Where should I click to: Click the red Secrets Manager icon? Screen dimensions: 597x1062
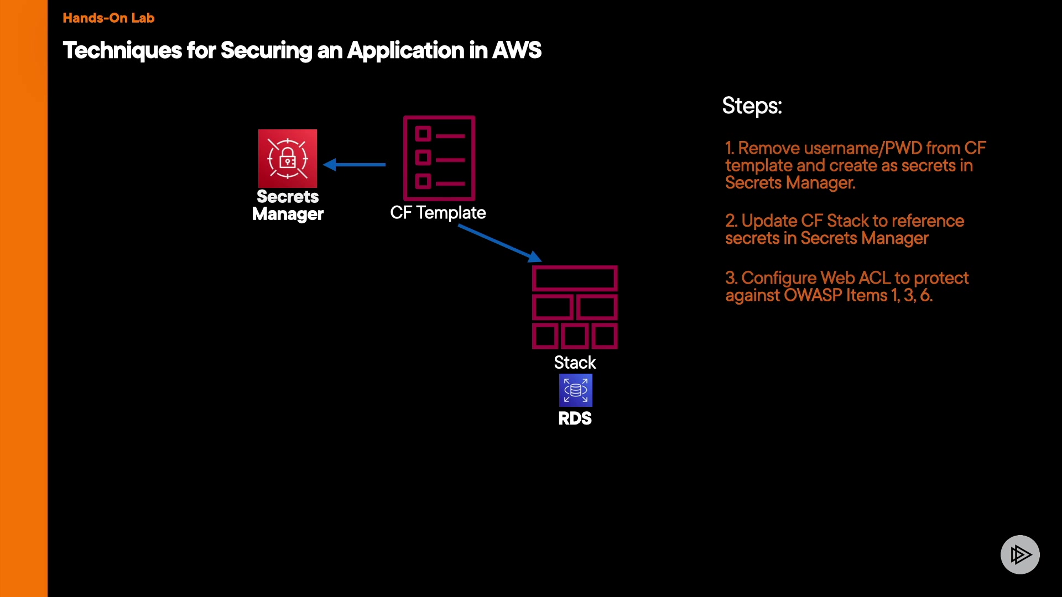click(288, 159)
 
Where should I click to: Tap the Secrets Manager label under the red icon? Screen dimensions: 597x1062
click(288, 205)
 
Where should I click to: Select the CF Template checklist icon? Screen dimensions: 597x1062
click(439, 158)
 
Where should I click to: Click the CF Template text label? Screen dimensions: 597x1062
click(438, 213)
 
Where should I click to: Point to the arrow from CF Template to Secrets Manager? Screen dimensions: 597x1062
click(355, 164)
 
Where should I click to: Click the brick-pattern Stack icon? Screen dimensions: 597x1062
click(575, 307)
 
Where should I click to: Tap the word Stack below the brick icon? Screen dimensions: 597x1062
click(575, 363)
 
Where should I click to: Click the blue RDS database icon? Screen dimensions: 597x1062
click(575, 390)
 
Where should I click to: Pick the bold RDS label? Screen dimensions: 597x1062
click(575, 418)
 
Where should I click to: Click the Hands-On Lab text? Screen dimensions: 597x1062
click(108, 18)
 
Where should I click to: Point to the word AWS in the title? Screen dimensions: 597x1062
click(517, 50)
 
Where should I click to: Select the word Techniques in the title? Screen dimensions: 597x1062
click(122, 50)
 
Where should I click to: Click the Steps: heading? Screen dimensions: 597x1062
click(752, 106)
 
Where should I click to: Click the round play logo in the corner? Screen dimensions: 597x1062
click(1020, 554)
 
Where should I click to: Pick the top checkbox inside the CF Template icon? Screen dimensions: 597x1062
click(423, 134)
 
